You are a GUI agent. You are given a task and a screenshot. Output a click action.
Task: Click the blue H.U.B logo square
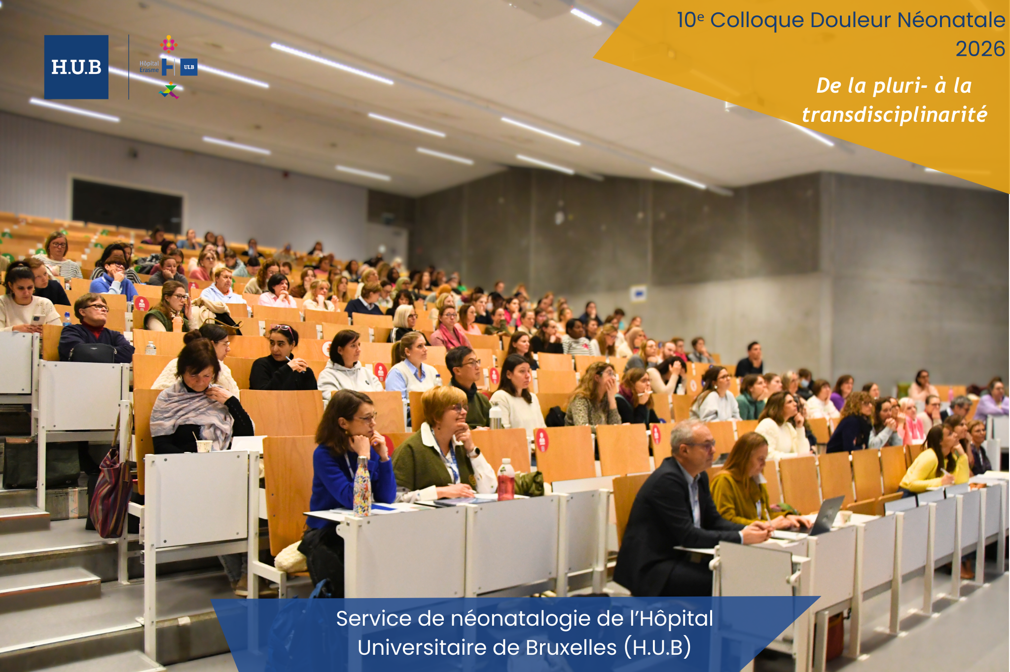76,67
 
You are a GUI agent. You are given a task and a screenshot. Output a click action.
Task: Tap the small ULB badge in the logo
189,67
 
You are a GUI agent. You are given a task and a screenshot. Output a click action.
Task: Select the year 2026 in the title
980,49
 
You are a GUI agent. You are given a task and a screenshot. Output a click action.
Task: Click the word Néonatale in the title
951,20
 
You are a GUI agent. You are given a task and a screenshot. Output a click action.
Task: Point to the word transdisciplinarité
895,115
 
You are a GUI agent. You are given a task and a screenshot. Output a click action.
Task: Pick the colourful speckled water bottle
361,487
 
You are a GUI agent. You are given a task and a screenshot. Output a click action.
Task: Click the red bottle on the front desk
505,479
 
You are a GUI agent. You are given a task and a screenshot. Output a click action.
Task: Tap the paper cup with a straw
204,444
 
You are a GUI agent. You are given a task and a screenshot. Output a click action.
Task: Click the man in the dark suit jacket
681,513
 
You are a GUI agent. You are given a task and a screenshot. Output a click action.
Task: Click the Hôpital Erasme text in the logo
149,67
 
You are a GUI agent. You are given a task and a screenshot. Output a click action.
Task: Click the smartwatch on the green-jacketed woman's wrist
474,452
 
